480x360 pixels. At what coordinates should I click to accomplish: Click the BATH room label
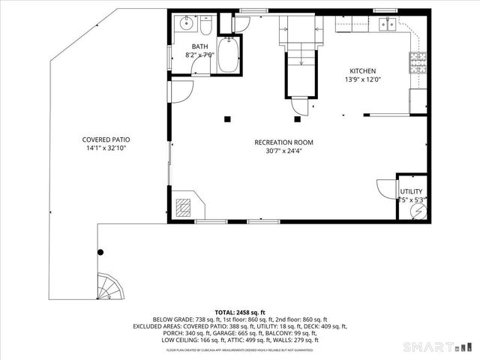[x=199, y=46]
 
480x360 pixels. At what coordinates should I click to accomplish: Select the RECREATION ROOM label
[x=283, y=142]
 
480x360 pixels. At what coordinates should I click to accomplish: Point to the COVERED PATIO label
[x=111, y=139]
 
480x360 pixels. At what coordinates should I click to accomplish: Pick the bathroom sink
[x=186, y=25]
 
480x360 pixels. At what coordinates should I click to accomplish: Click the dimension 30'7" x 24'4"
[x=283, y=150]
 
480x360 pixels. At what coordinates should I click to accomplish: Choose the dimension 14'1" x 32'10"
[x=111, y=148]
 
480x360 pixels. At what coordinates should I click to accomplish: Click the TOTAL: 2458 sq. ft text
[x=240, y=311]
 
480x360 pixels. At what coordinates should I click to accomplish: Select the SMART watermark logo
[x=439, y=346]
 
